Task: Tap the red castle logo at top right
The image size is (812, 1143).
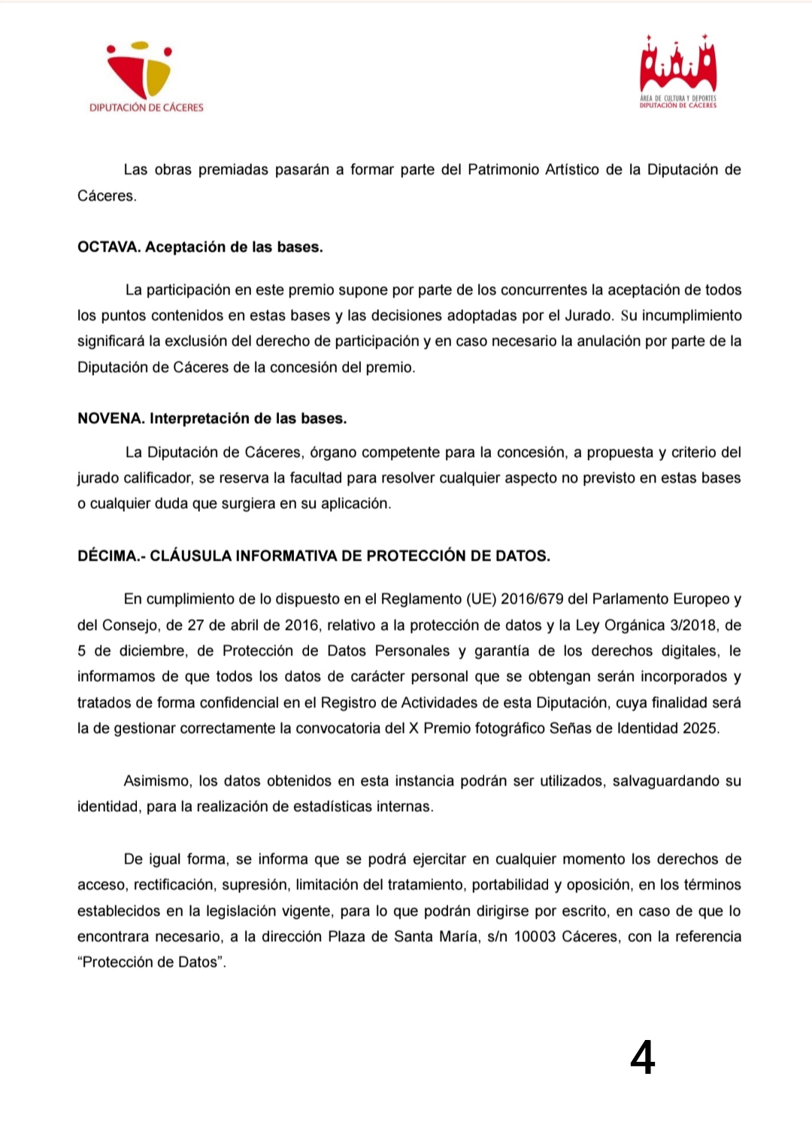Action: (x=678, y=72)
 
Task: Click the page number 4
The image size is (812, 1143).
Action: (x=642, y=1057)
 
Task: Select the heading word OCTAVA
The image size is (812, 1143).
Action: (x=108, y=247)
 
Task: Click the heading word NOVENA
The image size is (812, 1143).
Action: (x=111, y=419)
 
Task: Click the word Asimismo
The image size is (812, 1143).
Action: (x=156, y=781)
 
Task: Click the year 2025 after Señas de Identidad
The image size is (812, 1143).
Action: (x=700, y=729)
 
